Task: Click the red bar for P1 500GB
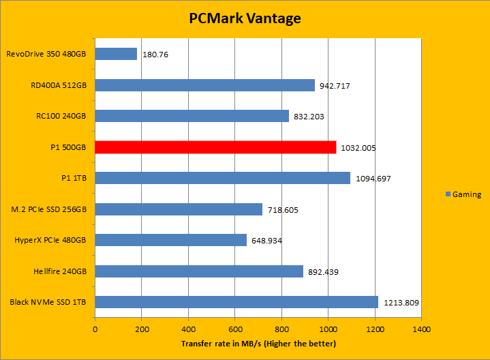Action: (215, 147)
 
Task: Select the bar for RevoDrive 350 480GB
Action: (116, 54)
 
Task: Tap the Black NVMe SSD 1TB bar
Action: (236, 302)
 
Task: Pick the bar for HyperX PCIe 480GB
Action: (170, 240)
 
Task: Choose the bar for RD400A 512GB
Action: (204, 85)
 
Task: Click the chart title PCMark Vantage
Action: (245, 18)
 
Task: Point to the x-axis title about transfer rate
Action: (258, 343)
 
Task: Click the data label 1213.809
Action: (401, 303)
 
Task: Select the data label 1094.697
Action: (373, 179)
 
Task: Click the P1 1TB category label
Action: (74, 178)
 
